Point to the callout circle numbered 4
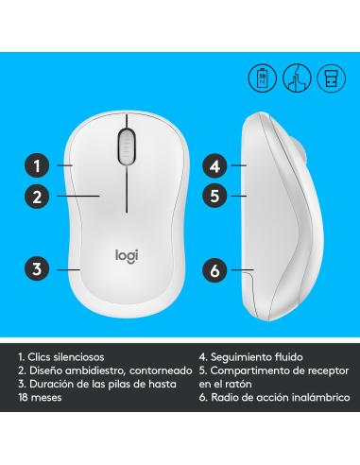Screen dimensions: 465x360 coord(215,165)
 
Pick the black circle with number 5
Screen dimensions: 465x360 coord(215,198)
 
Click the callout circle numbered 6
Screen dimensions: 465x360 coord(215,270)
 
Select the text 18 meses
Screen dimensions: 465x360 coord(39,400)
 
